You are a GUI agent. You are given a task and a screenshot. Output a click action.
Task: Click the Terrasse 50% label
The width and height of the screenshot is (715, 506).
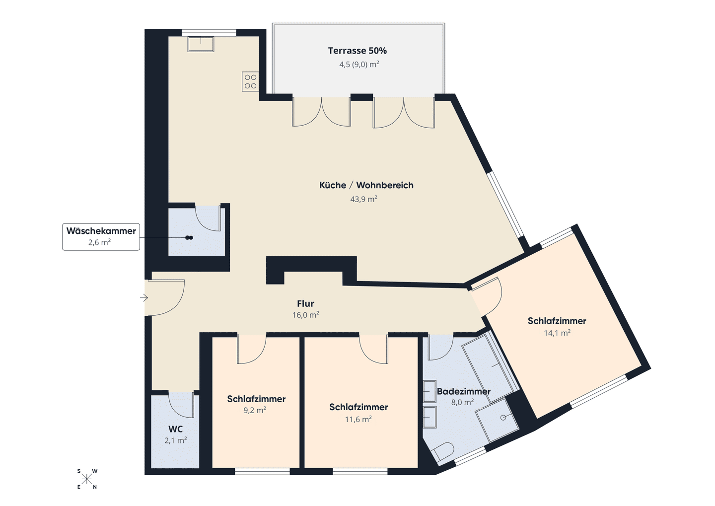(357, 51)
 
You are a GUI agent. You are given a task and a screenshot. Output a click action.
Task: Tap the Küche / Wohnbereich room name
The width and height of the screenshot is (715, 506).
(366, 185)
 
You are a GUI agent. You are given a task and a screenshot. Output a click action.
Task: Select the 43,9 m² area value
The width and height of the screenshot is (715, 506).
(363, 199)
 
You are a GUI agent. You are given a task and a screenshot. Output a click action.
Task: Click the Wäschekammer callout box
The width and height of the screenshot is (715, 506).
(101, 236)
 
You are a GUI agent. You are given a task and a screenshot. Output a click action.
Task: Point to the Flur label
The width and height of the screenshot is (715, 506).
(305, 303)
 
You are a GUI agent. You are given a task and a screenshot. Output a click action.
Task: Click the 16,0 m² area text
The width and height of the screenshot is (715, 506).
(305, 315)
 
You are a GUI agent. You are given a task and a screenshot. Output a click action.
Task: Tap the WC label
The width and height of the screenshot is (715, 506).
(176, 429)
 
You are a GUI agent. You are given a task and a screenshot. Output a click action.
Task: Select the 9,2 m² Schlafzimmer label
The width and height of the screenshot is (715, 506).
(256, 399)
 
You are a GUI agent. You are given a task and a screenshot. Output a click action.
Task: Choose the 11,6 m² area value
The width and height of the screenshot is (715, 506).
(358, 419)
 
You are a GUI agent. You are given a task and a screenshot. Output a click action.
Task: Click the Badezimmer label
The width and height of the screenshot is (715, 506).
(463, 391)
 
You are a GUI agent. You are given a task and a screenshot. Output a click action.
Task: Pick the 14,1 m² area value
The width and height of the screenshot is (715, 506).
(557, 333)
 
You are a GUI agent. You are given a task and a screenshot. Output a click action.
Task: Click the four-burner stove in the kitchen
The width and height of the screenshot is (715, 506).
(250, 81)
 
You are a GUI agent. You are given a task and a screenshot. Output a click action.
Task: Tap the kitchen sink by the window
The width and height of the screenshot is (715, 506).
(201, 44)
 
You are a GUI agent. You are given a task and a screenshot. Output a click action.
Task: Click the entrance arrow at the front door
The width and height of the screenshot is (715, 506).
(144, 298)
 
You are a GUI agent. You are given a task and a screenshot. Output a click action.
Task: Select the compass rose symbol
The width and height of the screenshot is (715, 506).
(87, 479)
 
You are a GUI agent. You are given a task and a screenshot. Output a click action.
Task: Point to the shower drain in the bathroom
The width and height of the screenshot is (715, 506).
(503, 417)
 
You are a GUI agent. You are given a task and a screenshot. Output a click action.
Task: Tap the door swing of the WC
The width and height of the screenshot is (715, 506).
(181, 405)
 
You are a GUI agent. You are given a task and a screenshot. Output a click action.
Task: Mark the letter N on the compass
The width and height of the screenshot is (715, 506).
(95, 487)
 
